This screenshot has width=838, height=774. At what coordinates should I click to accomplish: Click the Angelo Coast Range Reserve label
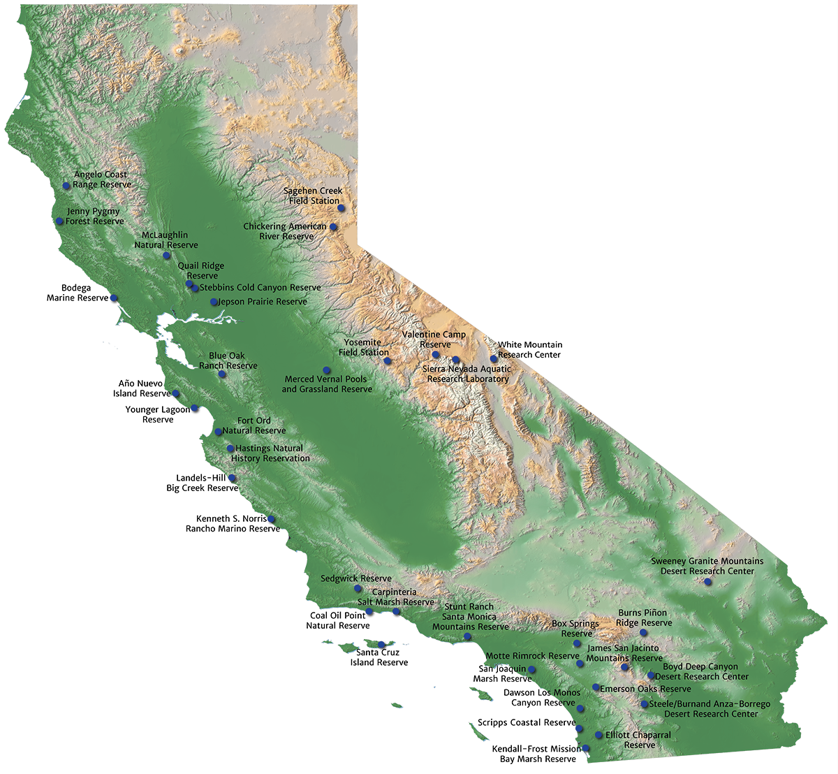pos(102,180)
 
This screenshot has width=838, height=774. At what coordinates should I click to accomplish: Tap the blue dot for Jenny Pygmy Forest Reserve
pos(60,221)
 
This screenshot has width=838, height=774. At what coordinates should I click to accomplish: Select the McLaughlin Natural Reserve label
pos(166,240)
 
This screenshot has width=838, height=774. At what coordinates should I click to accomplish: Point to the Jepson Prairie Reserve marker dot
pos(214,302)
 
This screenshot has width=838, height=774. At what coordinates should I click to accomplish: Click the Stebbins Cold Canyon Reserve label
pos(260,288)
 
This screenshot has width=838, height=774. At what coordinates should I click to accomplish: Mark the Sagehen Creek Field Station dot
pos(341,208)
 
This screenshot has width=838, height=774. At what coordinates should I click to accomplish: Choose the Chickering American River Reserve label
pos(285,231)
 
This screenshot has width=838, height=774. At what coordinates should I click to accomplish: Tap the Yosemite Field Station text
pos(364,347)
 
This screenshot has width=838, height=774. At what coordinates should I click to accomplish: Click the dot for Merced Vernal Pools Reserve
pos(325,370)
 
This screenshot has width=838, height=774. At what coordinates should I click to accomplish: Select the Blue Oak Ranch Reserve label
pos(228,360)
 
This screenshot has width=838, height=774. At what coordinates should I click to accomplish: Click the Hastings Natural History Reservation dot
pos(230,448)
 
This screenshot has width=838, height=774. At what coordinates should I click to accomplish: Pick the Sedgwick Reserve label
pos(355,578)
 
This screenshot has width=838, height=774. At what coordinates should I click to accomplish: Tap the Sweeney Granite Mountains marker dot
pos(707,581)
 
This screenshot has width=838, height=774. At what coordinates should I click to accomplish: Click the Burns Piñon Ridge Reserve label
pos(645,618)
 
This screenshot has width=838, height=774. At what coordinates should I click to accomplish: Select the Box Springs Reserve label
pos(575,629)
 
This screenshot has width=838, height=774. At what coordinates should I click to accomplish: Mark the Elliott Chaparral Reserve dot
pos(598,735)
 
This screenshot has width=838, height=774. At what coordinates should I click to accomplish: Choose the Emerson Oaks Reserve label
pos(645,689)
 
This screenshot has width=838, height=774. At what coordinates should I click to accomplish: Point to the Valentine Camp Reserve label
pos(434,339)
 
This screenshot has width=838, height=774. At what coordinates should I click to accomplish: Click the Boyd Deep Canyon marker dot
pos(651,676)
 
